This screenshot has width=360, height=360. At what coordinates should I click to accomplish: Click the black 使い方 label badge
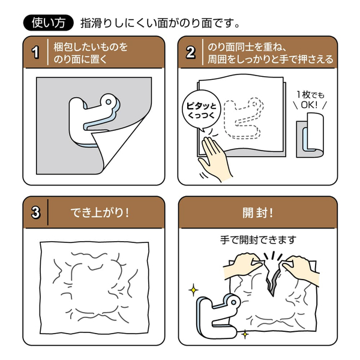coord(47,23)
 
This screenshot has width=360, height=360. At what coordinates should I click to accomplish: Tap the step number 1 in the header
coord(35,53)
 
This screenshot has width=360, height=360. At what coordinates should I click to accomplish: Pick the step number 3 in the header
coord(35,213)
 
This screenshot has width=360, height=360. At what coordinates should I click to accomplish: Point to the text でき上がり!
coord(100,213)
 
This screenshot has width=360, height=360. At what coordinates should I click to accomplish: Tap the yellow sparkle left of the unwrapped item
coord(193,289)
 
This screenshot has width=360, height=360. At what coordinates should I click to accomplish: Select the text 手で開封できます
coord(259,239)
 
